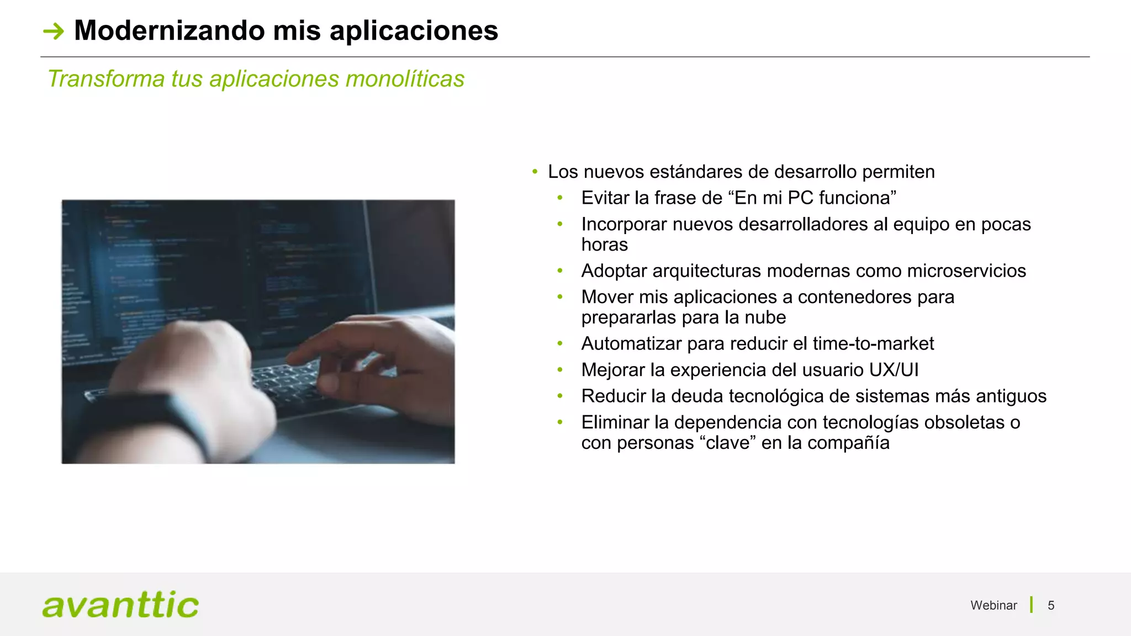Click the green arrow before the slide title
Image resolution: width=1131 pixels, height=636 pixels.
coord(54,31)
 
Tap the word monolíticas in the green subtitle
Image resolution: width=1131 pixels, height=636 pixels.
coord(405,79)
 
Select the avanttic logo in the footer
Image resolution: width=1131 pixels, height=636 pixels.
coord(120,605)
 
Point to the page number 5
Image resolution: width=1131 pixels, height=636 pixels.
coord(1051,606)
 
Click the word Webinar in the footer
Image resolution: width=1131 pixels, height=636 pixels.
coord(993,606)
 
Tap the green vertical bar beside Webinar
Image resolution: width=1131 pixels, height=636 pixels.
coord(1031,605)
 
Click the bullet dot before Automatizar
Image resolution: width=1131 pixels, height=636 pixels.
coord(560,344)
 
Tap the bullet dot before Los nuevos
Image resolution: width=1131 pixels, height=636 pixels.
coord(535,172)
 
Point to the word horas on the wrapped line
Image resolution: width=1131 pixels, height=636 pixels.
coord(604,245)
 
